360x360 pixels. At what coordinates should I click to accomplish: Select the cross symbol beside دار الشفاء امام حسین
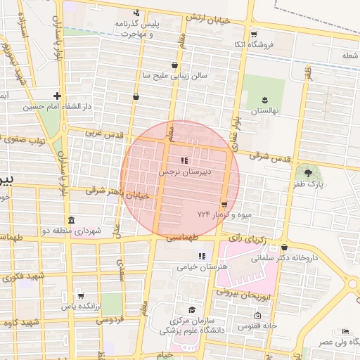click(x=57, y=96)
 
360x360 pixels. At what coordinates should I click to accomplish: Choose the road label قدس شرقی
click(x=269, y=161)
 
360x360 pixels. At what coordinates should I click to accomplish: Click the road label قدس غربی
click(x=103, y=133)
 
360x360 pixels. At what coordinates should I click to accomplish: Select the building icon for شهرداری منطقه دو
click(x=70, y=220)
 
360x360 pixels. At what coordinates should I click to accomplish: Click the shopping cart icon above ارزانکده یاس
click(x=82, y=295)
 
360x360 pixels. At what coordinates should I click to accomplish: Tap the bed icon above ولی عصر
click(x=345, y=331)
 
